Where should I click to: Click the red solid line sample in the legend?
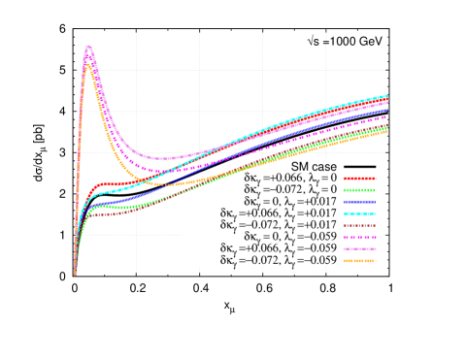[x=359, y=179]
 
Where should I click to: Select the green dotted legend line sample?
[x=359, y=190]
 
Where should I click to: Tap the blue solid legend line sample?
[x=359, y=202]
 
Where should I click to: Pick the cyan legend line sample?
[x=359, y=213]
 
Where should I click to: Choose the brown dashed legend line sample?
[x=359, y=225]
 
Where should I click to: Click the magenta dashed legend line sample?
[x=359, y=237]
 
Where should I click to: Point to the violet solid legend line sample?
[x=359, y=248]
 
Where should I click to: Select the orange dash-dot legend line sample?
[x=359, y=260]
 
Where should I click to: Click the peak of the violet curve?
[x=88, y=47]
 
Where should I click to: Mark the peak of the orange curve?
[x=88, y=66]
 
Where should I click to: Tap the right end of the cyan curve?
[x=387, y=95]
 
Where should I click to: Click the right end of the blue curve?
[x=387, y=109]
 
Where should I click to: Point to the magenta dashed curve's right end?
[x=387, y=116]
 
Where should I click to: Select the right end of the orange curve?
[x=387, y=131]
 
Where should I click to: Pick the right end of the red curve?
[x=387, y=102]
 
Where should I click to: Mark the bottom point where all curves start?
[x=75, y=275]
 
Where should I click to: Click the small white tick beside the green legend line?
[x=383, y=194]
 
